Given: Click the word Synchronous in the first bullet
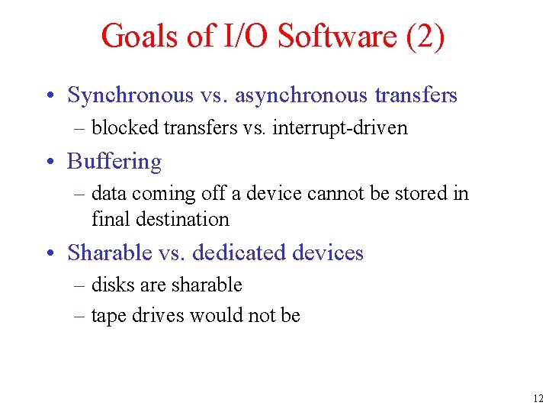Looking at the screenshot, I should pyautogui.click(x=131, y=95).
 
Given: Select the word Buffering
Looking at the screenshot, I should pyautogui.click(x=114, y=162).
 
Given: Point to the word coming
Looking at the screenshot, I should pyautogui.click(x=164, y=194).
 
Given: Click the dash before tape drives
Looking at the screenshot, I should pyautogui.click(x=80, y=316).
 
